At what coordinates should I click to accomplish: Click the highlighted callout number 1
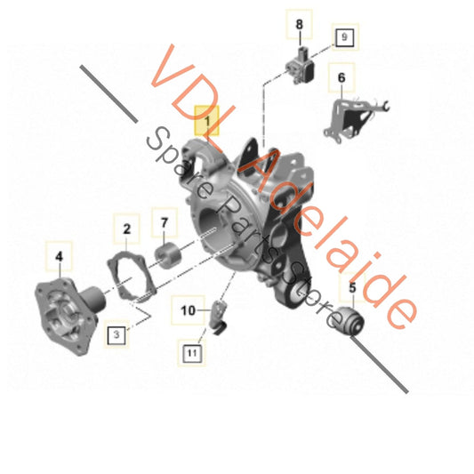(207, 121)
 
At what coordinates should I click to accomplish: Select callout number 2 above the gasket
(126, 229)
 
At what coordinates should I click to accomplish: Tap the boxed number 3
(116, 334)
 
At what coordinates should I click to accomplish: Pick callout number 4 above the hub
(59, 257)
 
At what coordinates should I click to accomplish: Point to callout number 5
(352, 287)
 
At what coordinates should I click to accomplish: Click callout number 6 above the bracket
(341, 77)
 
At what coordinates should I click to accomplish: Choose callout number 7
(165, 223)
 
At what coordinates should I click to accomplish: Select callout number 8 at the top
(299, 24)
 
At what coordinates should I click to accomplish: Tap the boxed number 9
(345, 36)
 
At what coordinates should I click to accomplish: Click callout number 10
(188, 310)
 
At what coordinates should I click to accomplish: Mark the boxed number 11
(192, 353)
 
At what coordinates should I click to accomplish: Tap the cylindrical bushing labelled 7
(167, 256)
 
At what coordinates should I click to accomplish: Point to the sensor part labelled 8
(300, 66)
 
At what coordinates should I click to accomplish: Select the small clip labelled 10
(219, 317)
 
